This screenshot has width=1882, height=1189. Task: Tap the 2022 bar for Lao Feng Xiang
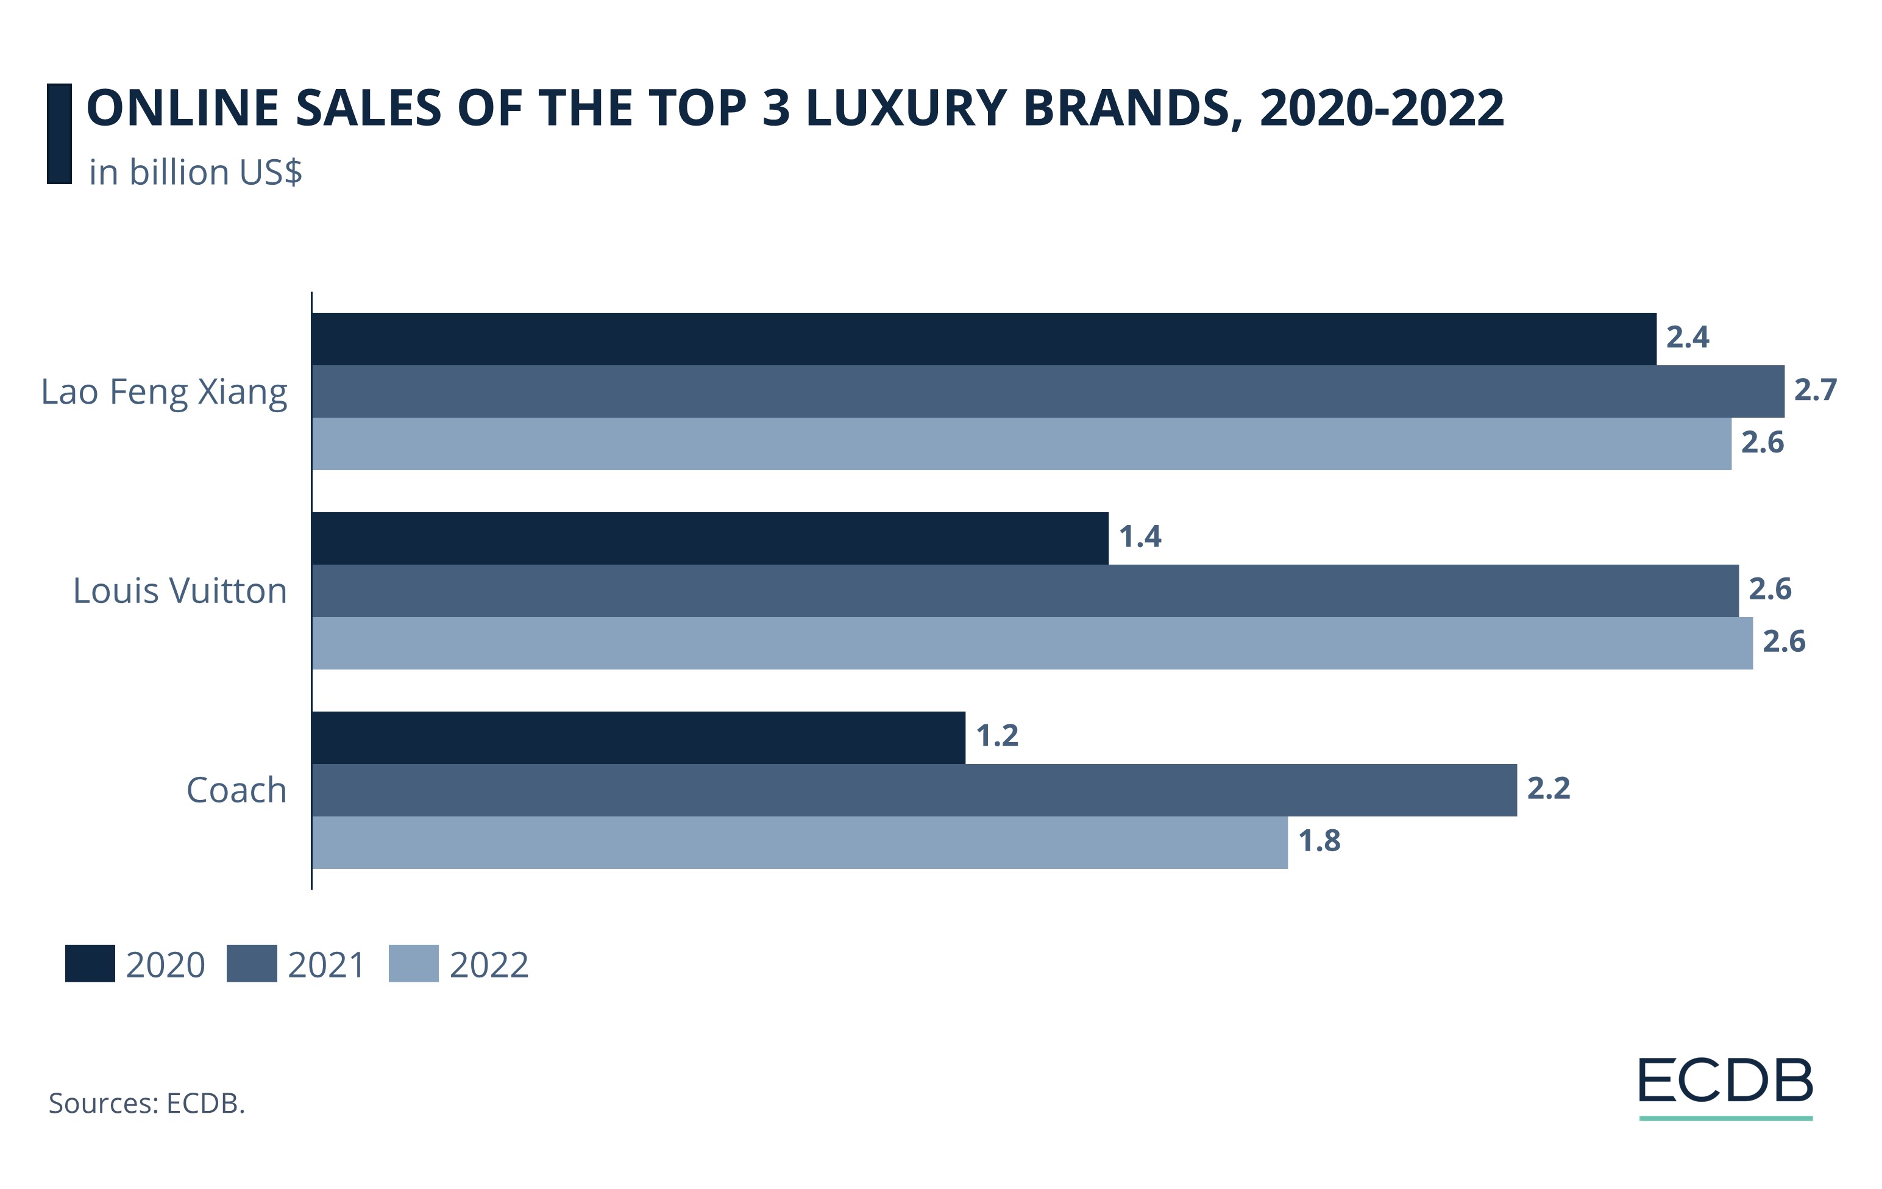[x=1021, y=443]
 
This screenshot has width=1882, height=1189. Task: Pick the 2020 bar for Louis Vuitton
[x=709, y=538]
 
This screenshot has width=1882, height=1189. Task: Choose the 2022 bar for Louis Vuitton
[x=1032, y=643]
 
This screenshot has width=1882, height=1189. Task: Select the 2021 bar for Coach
[x=914, y=790]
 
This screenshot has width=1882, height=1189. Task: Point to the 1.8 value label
[x=1319, y=841]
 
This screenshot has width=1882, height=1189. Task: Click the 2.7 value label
[x=1815, y=389]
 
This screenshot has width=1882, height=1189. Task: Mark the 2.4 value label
[x=1688, y=338]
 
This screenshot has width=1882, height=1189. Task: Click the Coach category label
[x=236, y=790]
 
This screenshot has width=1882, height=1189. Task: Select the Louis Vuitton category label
[x=180, y=590]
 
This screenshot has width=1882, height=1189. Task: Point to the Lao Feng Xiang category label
[x=164, y=391]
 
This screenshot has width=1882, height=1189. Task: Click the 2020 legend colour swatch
[x=90, y=964]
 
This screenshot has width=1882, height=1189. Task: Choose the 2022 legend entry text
[x=489, y=965]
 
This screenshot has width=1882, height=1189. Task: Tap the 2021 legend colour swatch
[x=252, y=964]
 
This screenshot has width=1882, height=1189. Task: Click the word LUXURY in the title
[x=905, y=108]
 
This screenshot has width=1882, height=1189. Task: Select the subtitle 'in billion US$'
[x=196, y=172]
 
